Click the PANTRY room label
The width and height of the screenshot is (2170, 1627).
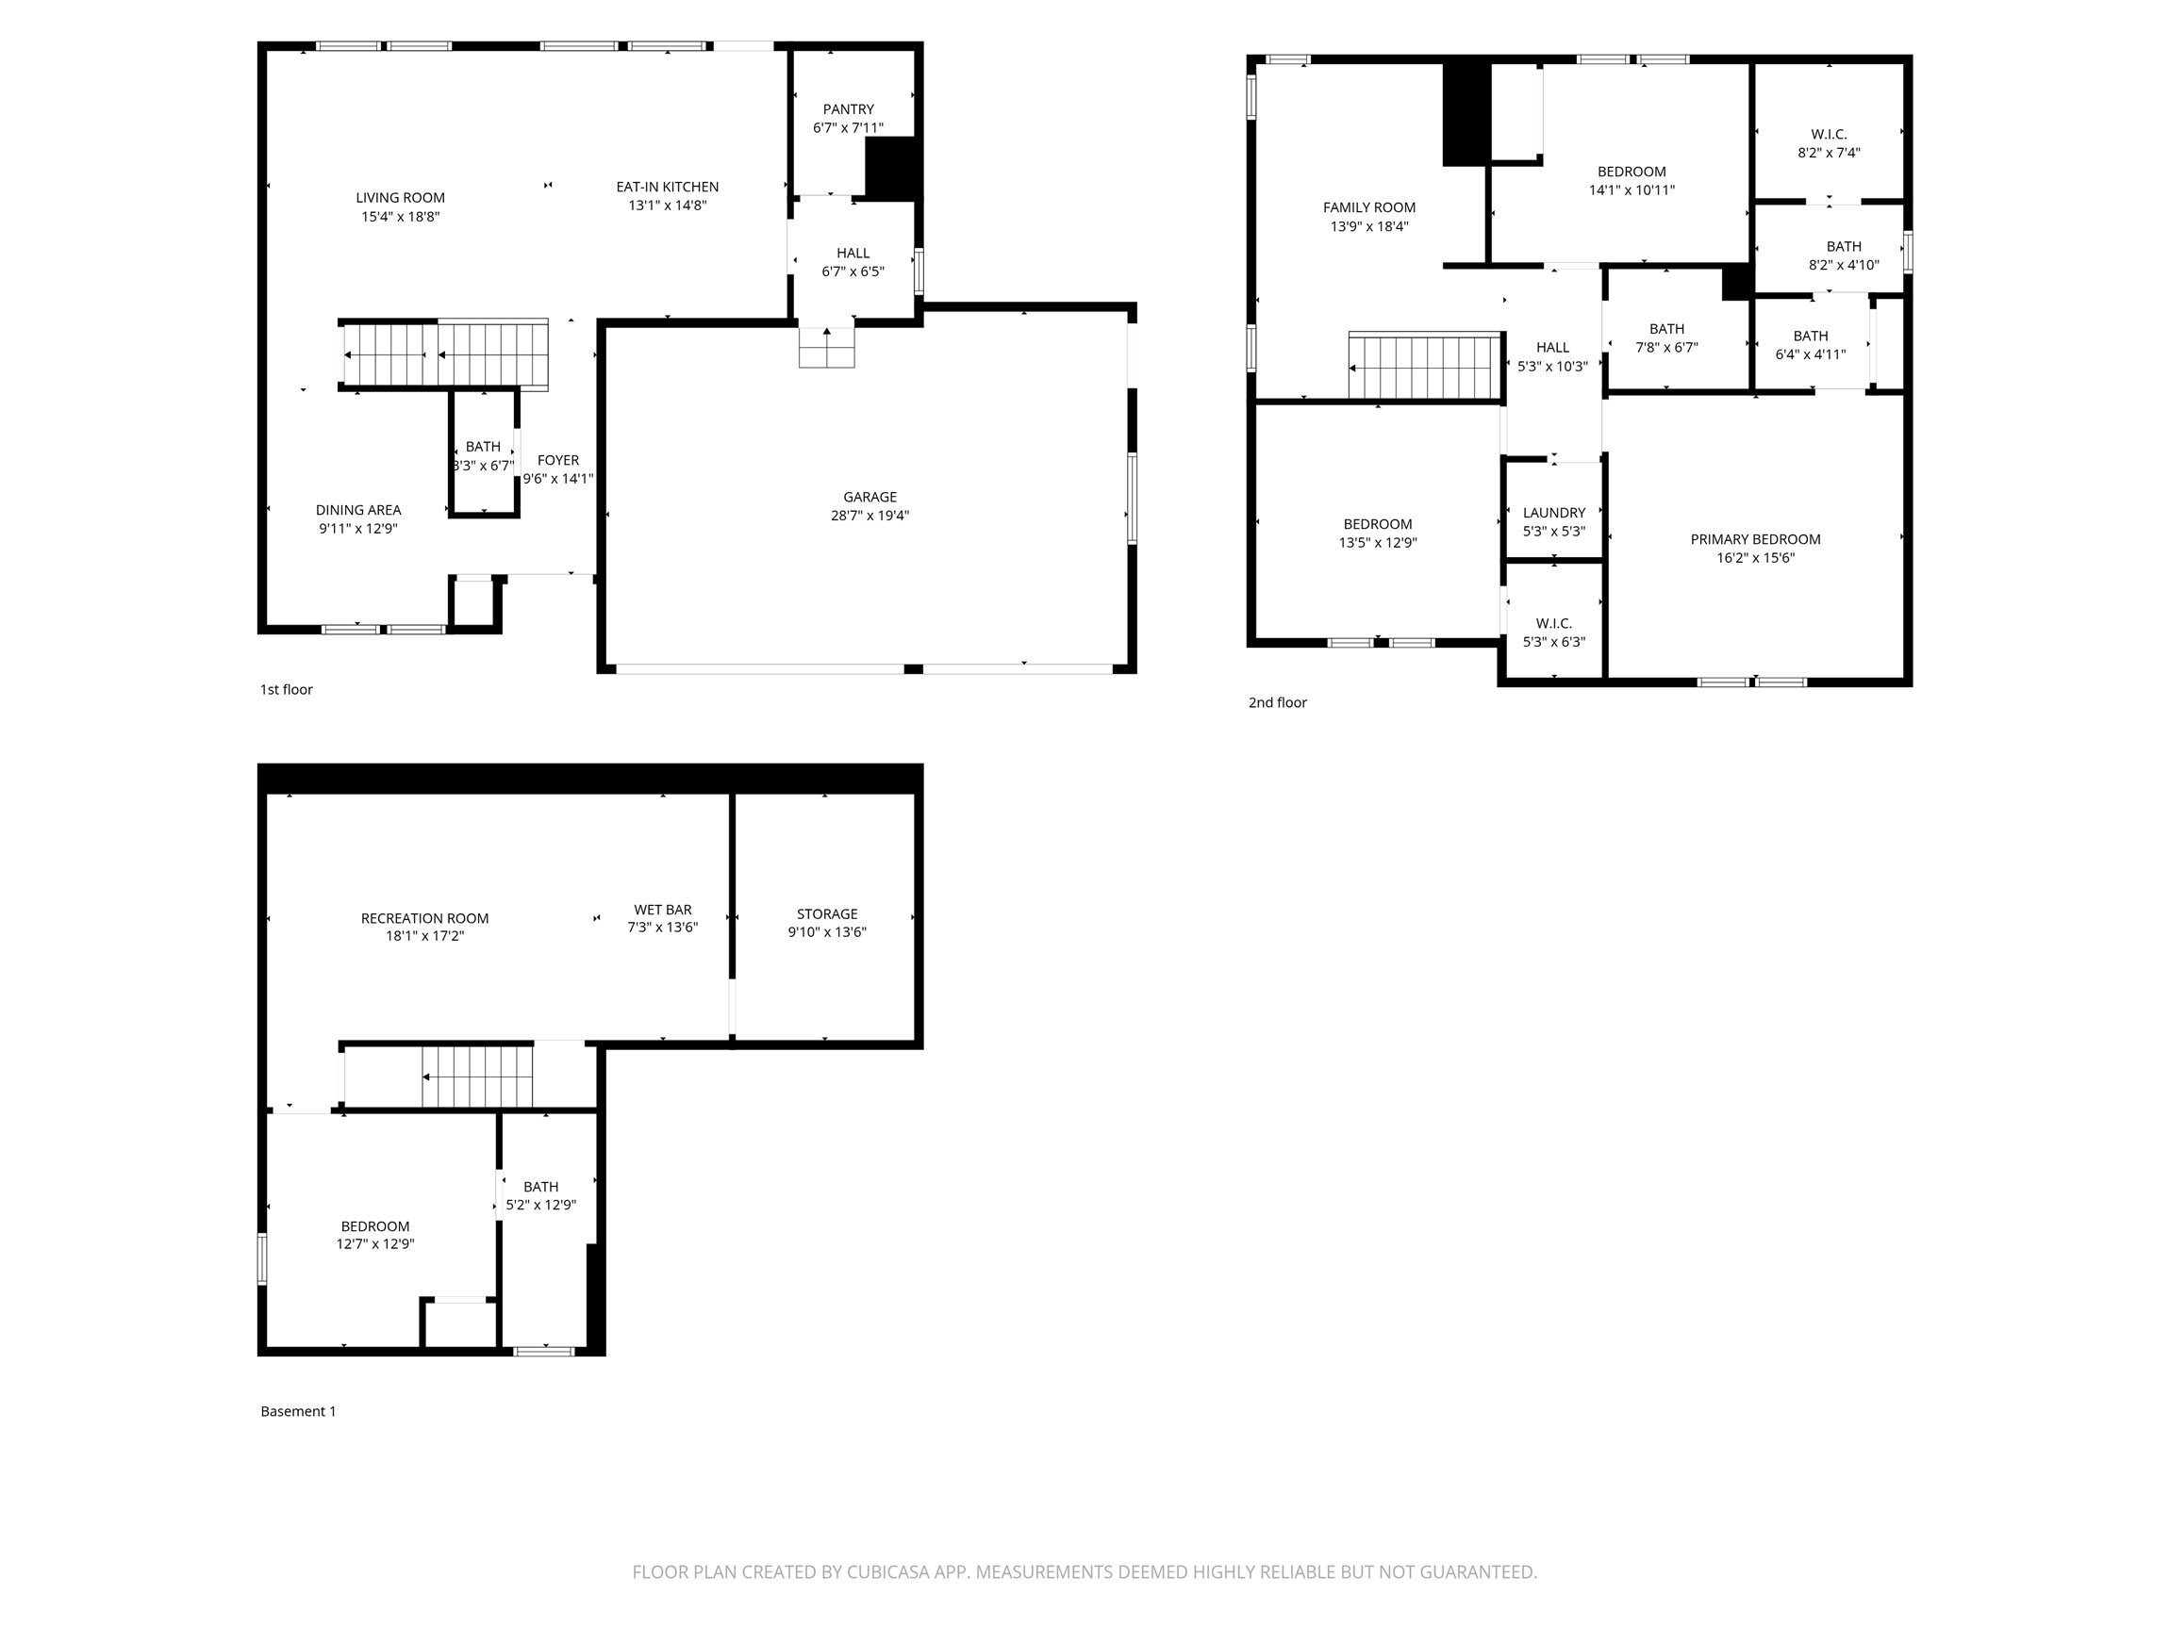coord(848,108)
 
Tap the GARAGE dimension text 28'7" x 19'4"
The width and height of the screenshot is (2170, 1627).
coord(870,516)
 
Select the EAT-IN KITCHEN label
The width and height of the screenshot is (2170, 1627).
coord(667,187)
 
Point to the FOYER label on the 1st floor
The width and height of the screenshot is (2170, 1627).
coord(558,460)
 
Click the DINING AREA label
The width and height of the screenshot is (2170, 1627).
coord(358,510)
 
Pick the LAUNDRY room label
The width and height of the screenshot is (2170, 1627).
coord(1553,513)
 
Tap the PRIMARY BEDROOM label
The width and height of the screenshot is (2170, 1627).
coord(1755,539)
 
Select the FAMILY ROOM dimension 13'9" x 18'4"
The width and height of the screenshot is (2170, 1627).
coord(1368,226)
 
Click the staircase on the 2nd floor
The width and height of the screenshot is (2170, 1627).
coord(1424,368)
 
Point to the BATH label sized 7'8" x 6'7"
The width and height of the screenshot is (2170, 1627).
coord(1666,330)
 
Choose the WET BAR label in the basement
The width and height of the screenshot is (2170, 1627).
coord(662,910)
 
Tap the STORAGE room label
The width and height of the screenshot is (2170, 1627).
coord(827,914)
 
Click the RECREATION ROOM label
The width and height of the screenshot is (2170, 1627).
coord(424,919)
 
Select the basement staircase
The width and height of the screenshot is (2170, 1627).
coord(477,1076)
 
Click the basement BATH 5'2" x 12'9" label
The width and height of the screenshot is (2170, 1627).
coord(540,1187)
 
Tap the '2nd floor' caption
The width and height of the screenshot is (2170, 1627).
coord(1277,702)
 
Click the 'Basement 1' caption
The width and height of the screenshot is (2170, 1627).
coord(298,1411)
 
